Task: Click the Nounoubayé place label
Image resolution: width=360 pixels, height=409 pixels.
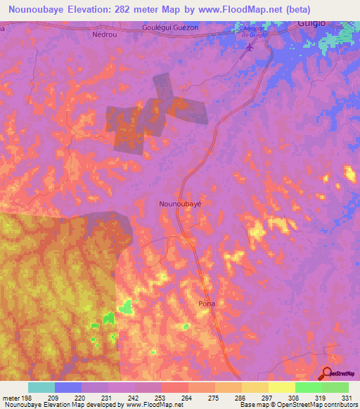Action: [181, 203]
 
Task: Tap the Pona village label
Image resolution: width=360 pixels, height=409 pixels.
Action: [206, 304]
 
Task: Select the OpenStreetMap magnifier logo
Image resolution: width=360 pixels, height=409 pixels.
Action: [328, 373]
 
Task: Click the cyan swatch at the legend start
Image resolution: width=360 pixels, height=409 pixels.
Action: [41, 387]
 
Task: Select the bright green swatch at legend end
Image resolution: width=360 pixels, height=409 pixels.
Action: [335, 387]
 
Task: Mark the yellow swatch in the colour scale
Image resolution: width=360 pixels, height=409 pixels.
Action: [281, 387]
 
